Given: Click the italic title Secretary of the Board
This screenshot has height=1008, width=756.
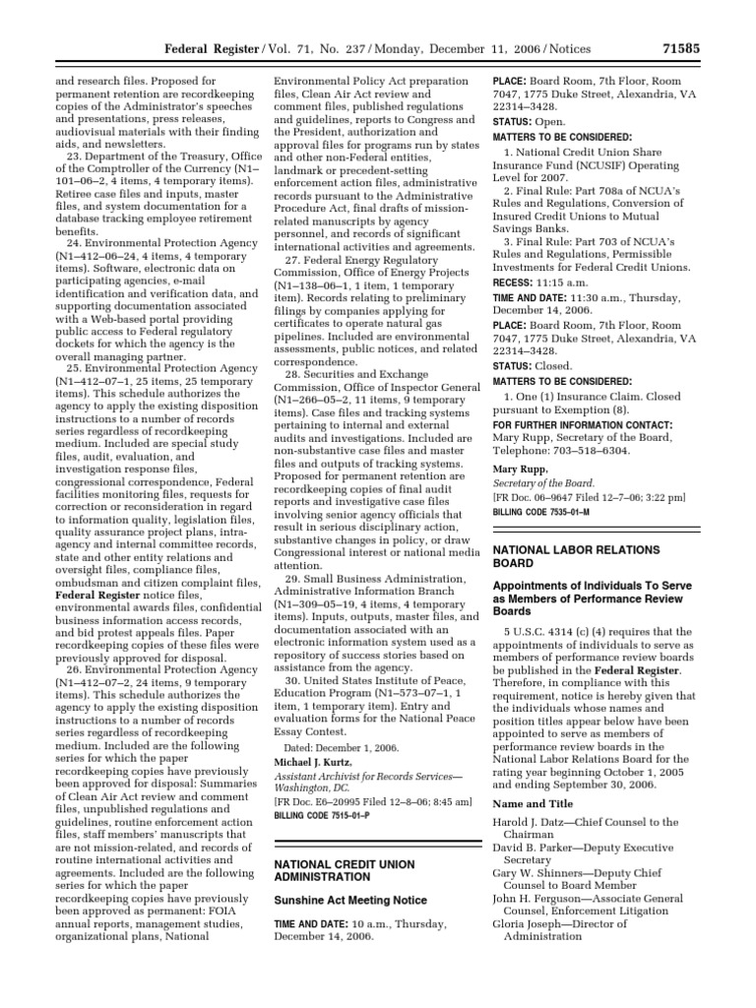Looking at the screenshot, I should coord(542,484).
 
